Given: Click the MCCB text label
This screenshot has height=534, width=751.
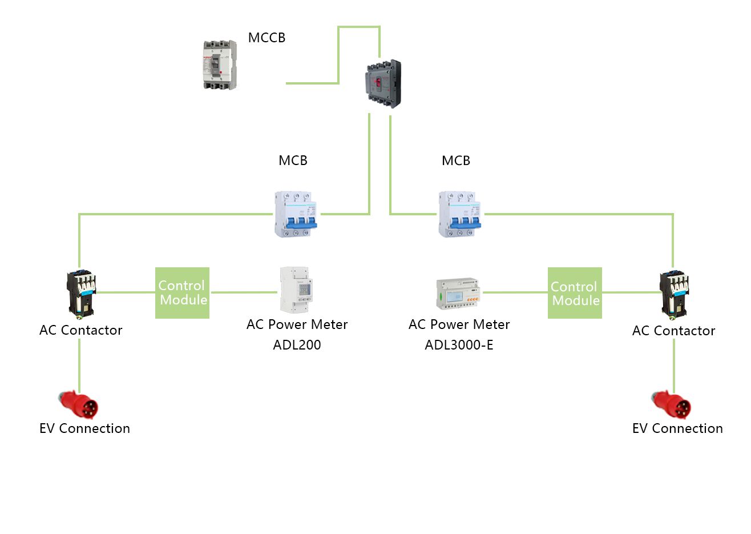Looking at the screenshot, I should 267,38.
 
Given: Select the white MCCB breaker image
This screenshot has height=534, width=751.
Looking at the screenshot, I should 220,65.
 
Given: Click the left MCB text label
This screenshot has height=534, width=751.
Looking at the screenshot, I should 293,160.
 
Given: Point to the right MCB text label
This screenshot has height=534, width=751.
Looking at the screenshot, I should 456,160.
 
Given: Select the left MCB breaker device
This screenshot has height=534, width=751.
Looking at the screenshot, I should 296,214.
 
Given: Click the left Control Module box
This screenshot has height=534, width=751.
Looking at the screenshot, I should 183,292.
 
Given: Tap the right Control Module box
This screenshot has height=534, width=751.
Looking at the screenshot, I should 575,293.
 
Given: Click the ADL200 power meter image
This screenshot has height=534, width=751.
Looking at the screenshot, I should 296,290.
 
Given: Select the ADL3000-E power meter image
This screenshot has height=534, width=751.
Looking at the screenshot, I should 458,294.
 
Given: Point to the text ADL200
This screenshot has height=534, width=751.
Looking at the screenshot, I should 297,345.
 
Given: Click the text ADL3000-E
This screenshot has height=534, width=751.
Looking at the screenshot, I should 459,345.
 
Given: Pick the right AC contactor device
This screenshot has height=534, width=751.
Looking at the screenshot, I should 674,294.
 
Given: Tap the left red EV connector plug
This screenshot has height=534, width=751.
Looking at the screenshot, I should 79,404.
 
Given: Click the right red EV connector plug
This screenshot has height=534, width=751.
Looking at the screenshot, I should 672,405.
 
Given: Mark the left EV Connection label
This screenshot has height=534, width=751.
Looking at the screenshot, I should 84,428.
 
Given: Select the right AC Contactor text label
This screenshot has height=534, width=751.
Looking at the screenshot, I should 673,331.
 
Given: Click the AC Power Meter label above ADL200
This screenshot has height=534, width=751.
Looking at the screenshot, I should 297,324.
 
